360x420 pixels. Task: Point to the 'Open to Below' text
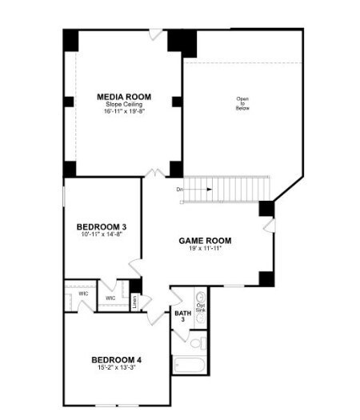pyautogui.click(x=242, y=103)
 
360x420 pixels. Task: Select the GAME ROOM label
pyautogui.click(x=205, y=240)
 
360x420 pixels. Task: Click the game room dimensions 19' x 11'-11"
pyautogui.click(x=205, y=248)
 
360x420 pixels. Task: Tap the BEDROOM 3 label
pyautogui.click(x=102, y=226)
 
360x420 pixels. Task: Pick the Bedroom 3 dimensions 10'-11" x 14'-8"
pyautogui.click(x=102, y=235)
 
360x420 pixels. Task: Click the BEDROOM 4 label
pyautogui.click(x=117, y=359)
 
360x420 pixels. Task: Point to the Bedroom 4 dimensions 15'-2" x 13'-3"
pyautogui.click(x=117, y=368)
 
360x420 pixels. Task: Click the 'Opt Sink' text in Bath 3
pyautogui.click(x=201, y=307)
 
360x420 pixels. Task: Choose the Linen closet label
pyautogui.click(x=135, y=302)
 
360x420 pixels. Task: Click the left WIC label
pyautogui.click(x=83, y=294)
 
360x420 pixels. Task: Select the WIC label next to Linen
pyautogui.click(x=110, y=298)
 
